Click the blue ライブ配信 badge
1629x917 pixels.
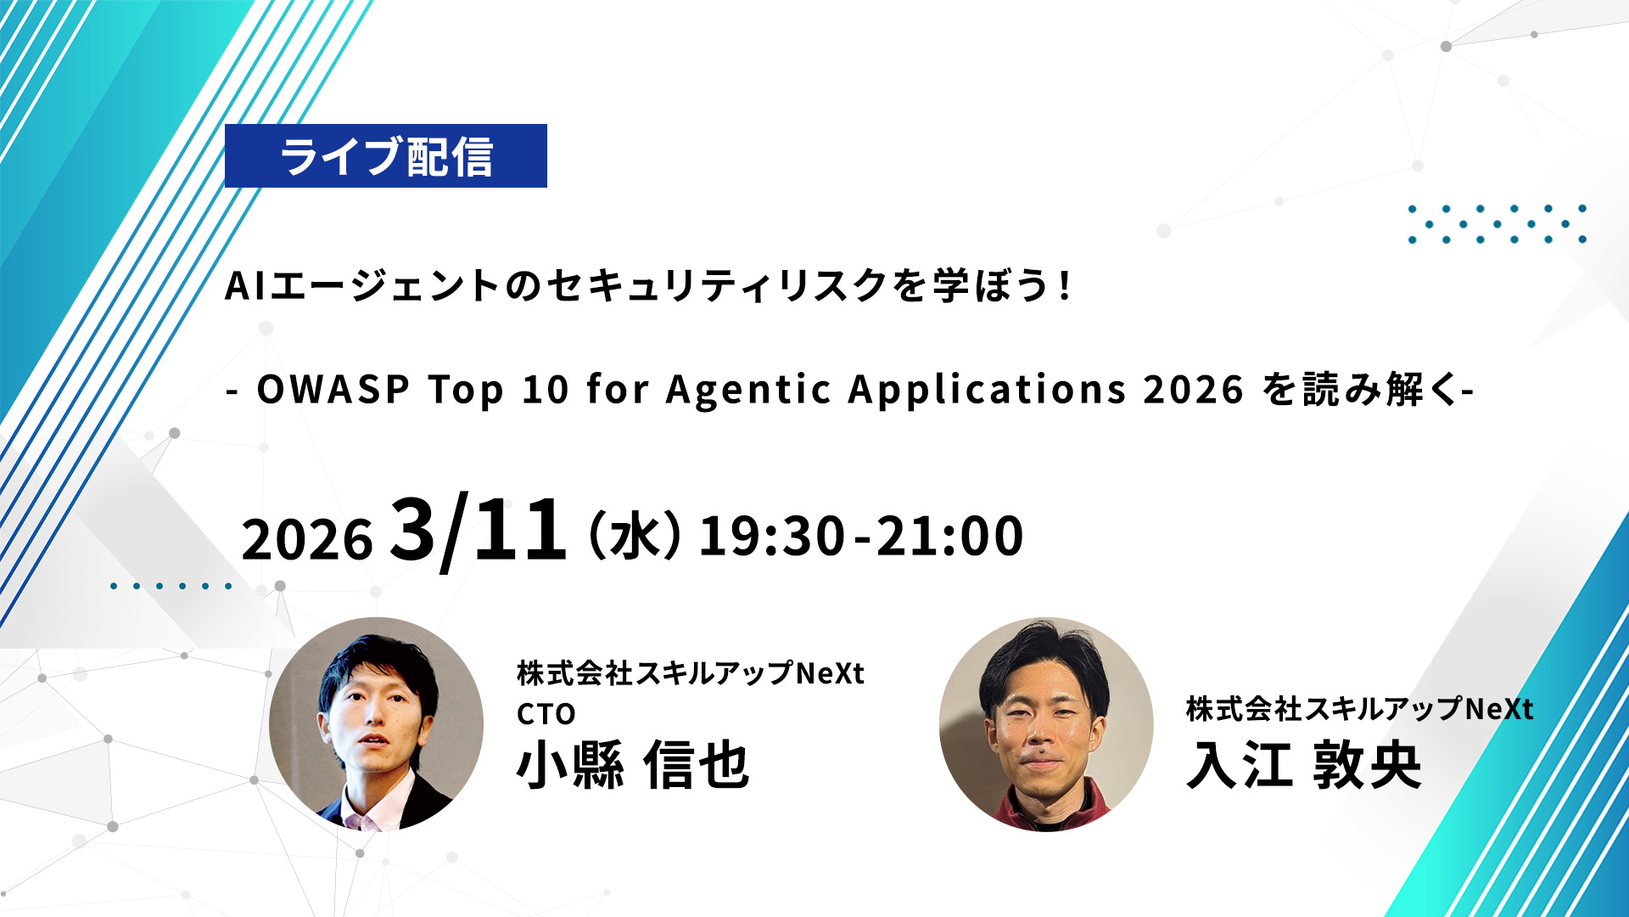[386, 156]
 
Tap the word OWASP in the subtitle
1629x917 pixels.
[333, 390]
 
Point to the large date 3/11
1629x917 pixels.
[478, 530]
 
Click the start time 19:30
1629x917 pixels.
[772, 536]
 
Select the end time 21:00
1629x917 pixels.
[949, 536]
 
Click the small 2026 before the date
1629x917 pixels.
[307, 539]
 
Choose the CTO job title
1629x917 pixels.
[546, 714]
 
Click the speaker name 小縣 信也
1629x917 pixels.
[633, 765]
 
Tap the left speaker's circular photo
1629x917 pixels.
[376, 724]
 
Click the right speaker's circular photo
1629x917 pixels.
[1046, 724]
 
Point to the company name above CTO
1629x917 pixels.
[691, 673]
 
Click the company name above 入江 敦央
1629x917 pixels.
[1359, 709]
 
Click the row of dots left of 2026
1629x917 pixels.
[171, 586]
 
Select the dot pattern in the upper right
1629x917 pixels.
[1497, 224]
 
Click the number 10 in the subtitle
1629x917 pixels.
[545, 390]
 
